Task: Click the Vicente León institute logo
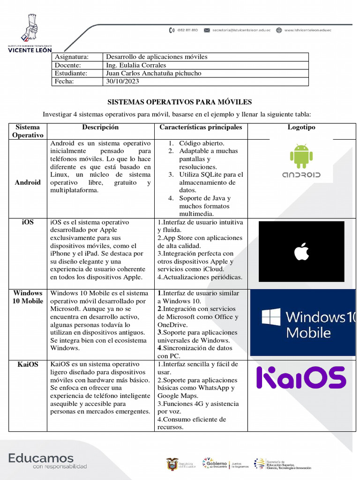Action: tap(30, 33)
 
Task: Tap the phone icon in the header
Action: tap(172, 30)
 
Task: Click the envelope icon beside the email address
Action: tap(207, 30)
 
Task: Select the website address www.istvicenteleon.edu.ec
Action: tap(307, 30)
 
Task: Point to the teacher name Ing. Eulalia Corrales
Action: tap(136, 65)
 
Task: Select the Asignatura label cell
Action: tap(72, 57)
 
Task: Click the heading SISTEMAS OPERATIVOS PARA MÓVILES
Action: tap(180, 102)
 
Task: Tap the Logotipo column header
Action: tap(301, 127)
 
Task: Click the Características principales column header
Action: tap(201, 127)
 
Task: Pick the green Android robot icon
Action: tap(301, 156)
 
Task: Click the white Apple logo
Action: tap(301, 252)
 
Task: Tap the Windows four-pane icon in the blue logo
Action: tap(271, 317)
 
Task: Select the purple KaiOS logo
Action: tap(301, 378)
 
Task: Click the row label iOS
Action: tap(28, 222)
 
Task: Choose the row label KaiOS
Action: tap(28, 364)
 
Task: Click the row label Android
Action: tap(28, 182)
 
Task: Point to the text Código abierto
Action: tap(202, 143)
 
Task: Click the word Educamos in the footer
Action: tap(41, 458)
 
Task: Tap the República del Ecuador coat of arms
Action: tap(172, 464)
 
